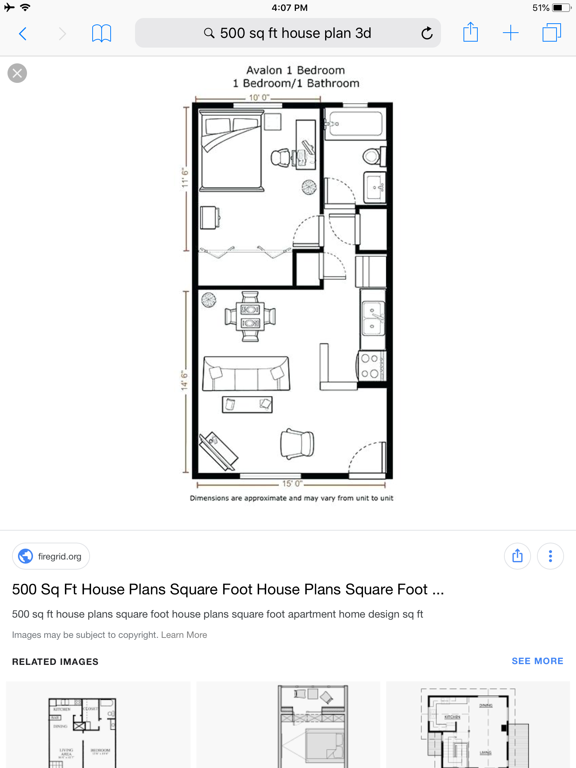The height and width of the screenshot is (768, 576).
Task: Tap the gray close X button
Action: pos(17,73)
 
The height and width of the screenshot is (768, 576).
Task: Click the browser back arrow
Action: pos(23,34)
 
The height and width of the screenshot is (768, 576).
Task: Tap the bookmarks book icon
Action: pos(101,34)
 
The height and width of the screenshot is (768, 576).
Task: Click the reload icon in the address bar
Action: pos(427,33)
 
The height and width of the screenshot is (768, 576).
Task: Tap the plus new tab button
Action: pos(510,33)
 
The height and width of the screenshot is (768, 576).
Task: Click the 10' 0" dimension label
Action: pos(259,97)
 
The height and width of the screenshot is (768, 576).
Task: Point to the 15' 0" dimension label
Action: pos(292,484)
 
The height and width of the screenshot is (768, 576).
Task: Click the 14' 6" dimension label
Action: pos(184,381)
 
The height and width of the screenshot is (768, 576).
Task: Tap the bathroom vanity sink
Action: pos(375,187)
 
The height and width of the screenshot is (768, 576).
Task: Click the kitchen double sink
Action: pos(373,318)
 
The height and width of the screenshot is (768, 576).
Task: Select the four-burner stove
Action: pos(371,366)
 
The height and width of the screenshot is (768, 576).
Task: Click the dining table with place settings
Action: pos(250,316)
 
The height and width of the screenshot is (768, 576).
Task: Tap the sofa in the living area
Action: pos(246,373)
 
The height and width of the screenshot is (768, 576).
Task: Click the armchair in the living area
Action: pos(297,443)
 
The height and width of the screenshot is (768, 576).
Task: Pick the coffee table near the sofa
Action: pos(247,405)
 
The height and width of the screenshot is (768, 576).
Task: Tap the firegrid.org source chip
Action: pos(51,556)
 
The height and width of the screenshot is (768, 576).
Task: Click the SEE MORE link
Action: pos(537,661)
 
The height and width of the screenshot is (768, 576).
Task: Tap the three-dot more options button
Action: pos(550,556)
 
